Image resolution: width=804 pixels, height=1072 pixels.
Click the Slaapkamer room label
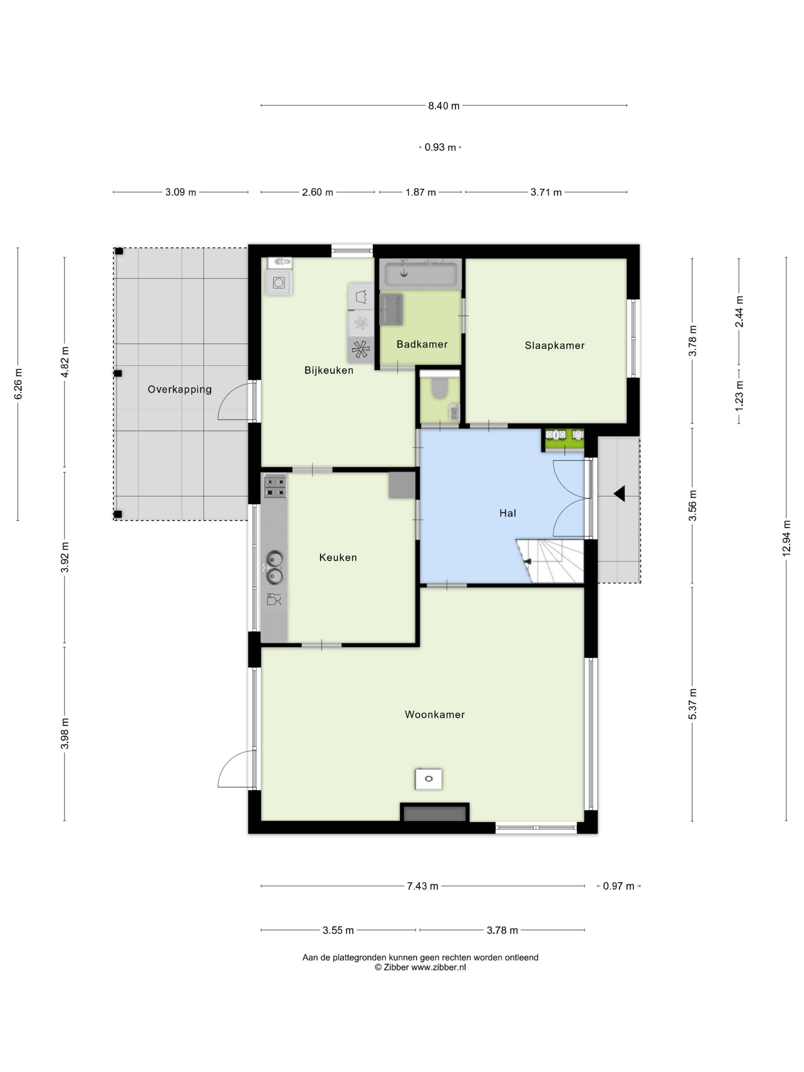554,346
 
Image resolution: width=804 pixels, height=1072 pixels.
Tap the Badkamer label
422,344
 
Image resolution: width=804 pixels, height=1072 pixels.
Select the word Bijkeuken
328,370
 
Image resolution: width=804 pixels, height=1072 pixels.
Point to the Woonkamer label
435,714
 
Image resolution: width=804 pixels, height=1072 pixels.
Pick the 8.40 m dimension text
443,106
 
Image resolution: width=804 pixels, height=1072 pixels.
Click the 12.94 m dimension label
786,538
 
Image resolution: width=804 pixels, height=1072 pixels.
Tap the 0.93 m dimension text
440,147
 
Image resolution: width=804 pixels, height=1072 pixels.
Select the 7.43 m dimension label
422,886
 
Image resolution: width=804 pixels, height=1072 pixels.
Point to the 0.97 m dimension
618,886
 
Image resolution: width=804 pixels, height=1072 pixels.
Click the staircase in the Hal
550,561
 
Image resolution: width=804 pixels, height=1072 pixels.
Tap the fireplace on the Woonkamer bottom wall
434,812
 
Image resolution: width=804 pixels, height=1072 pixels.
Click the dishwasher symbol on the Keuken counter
274,600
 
